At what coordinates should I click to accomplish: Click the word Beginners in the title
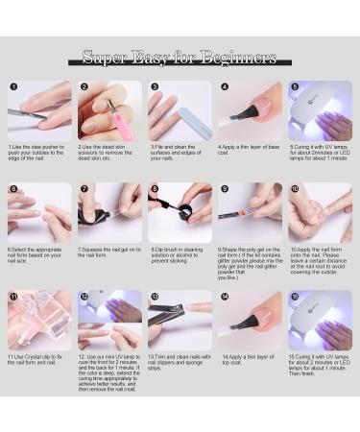(236, 58)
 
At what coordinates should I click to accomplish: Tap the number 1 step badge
(13, 86)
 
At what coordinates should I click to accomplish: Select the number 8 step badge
(154, 189)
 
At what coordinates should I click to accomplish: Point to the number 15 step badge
(294, 297)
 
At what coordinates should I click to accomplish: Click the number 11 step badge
(13, 297)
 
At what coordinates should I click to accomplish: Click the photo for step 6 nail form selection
(39, 213)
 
